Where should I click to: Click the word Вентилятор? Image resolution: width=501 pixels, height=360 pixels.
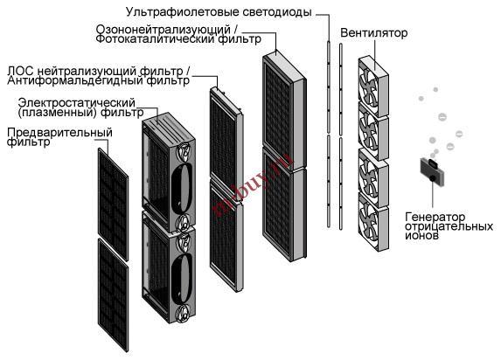pyautogui.click(x=374, y=32)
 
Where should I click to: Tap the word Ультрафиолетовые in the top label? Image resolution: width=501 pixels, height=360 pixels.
pyautogui.click(x=183, y=12)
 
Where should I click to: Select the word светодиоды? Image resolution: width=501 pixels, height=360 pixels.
pyautogui.click(x=277, y=12)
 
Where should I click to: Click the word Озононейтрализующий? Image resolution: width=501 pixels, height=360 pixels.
pyautogui.click(x=163, y=30)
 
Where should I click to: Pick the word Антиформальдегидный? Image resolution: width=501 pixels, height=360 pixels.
pyautogui.click(x=75, y=80)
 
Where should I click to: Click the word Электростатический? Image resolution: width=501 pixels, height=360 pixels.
pyautogui.click(x=77, y=103)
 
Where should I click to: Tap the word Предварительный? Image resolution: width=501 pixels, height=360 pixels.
pyautogui.click(x=59, y=132)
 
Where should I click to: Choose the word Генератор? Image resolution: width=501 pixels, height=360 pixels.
pyautogui.click(x=435, y=218)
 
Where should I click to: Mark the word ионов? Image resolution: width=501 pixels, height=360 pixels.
pyautogui.click(x=421, y=235)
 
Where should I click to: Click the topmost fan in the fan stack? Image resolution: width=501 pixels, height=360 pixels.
pyautogui.click(x=373, y=87)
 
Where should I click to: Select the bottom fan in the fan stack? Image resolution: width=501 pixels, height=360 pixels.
pyautogui.click(x=373, y=221)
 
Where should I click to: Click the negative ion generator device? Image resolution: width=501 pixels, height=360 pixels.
pyautogui.click(x=432, y=172)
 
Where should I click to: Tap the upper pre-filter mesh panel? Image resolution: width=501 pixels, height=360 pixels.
pyautogui.click(x=113, y=204)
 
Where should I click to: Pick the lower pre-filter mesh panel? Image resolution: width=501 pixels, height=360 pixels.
pyautogui.click(x=114, y=294)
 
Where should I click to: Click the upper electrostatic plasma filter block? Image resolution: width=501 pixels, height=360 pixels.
pyautogui.click(x=169, y=172)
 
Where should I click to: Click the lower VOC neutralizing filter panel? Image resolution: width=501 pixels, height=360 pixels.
pyautogui.click(x=226, y=237)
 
